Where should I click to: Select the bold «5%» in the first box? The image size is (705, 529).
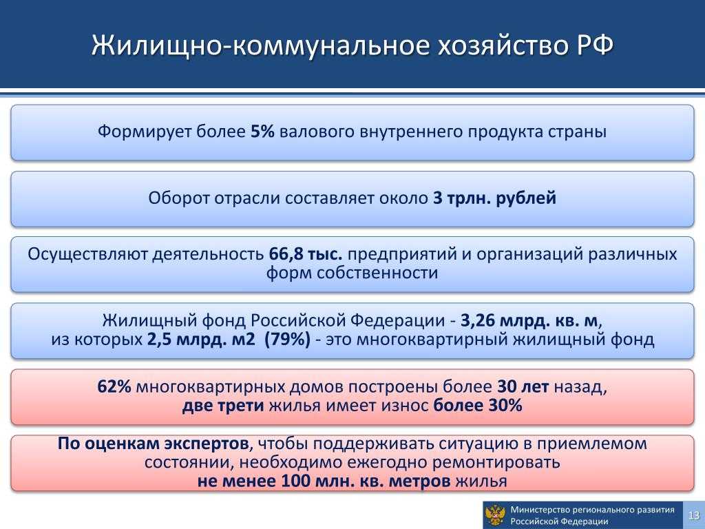pyautogui.click(x=262, y=132)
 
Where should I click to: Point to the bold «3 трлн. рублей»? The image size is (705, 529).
pyautogui.click(x=494, y=198)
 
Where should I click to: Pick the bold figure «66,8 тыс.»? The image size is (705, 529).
pyautogui.click(x=306, y=254)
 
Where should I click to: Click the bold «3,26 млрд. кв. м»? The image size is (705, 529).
pyautogui.click(x=529, y=320)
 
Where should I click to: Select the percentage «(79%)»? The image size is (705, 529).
pyautogui.click(x=287, y=339)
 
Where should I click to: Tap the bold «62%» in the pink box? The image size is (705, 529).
pyautogui.click(x=114, y=387)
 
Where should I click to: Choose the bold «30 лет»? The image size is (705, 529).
pyautogui.click(x=523, y=387)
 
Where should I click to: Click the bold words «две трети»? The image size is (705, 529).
pyautogui.click(x=223, y=406)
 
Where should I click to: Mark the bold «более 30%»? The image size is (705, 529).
pyautogui.click(x=478, y=406)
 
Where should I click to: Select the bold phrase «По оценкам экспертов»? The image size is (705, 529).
pyautogui.click(x=153, y=444)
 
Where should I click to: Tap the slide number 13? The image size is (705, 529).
pyautogui.click(x=694, y=515)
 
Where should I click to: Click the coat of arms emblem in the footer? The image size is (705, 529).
pyautogui.click(x=496, y=515)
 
